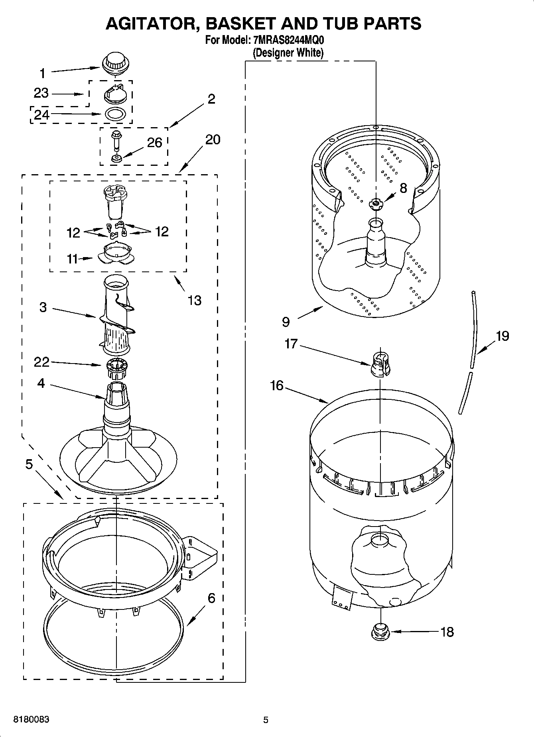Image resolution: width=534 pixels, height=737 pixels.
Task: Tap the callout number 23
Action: pos(41,93)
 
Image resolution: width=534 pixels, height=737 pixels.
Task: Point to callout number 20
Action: pos(213,140)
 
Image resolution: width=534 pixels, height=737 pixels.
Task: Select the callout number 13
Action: pos(194,300)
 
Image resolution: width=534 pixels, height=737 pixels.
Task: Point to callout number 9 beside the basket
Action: pos(286,322)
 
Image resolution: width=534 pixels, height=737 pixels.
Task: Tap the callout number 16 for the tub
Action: pos(276,385)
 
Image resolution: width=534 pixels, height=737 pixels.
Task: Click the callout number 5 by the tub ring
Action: pos(29,464)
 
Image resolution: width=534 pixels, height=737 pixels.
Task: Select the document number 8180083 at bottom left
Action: pos(32,719)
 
